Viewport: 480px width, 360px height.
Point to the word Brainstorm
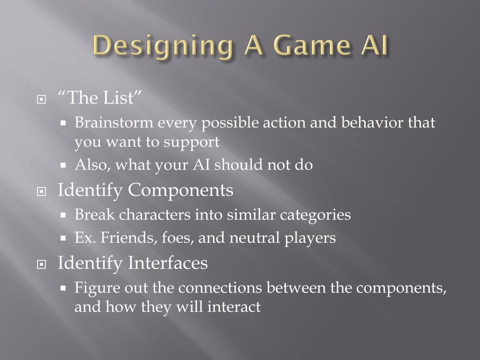pos(114,123)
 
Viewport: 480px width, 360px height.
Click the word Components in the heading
pos(180,191)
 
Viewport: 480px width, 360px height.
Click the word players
pos(310,238)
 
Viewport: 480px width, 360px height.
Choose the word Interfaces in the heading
pos(167,263)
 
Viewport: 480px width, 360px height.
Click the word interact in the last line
pos(234,307)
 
